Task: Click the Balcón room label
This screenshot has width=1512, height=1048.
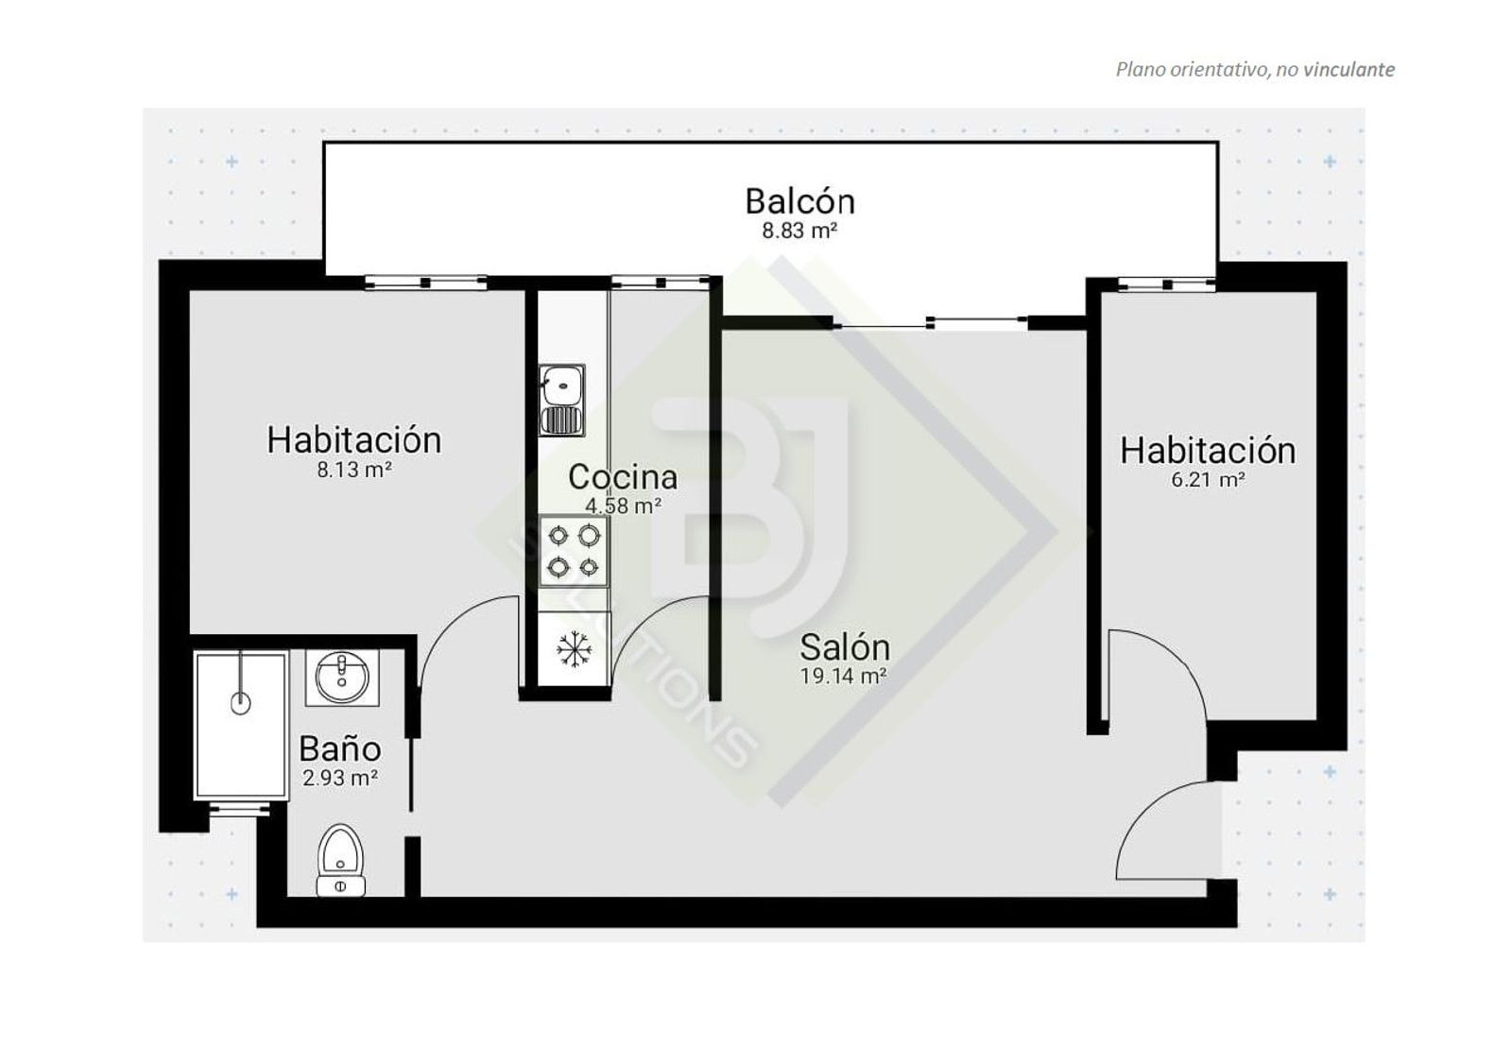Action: pyautogui.click(x=799, y=201)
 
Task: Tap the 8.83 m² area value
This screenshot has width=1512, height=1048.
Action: pyautogui.click(x=799, y=231)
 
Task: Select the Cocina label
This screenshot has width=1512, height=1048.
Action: pyautogui.click(x=623, y=477)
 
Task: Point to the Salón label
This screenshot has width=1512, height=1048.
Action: pyautogui.click(x=845, y=647)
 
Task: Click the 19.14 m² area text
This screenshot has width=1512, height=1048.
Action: pyautogui.click(x=843, y=676)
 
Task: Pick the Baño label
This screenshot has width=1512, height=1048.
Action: pyautogui.click(x=339, y=748)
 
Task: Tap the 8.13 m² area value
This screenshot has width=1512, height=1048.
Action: pyautogui.click(x=354, y=470)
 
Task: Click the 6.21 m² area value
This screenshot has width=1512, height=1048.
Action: pyautogui.click(x=1208, y=480)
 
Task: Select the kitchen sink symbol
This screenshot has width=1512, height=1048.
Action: pyautogui.click(x=561, y=400)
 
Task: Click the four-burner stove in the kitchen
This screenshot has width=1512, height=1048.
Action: pyautogui.click(x=574, y=551)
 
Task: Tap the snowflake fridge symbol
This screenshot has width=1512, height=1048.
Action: pyautogui.click(x=574, y=650)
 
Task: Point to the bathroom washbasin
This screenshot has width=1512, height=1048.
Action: pyautogui.click(x=341, y=678)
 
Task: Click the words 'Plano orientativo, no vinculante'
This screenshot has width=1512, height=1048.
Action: pyautogui.click(x=1255, y=70)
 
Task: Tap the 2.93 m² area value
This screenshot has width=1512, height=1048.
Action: pyautogui.click(x=339, y=778)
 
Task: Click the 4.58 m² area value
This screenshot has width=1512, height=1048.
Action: pyautogui.click(x=623, y=506)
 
